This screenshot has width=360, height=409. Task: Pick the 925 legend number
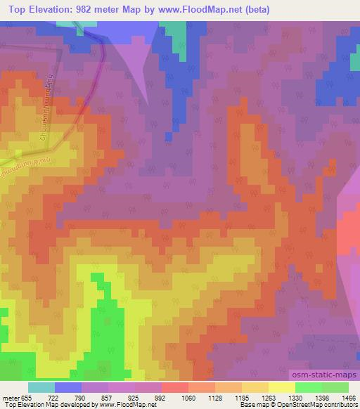click(x=144, y=398)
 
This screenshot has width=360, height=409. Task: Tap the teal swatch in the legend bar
click(x=41, y=387)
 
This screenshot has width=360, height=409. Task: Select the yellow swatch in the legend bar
click(x=281, y=387)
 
